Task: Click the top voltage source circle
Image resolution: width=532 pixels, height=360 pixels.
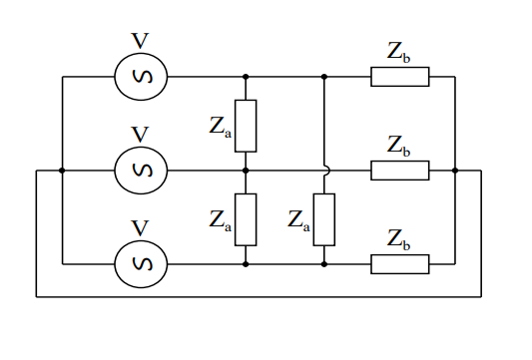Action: pyautogui.click(x=140, y=77)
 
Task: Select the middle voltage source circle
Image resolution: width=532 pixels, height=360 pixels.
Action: pyautogui.click(x=140, y=171)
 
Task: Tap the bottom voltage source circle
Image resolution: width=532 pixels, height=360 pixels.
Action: pyautogui.click(x=140, y=264)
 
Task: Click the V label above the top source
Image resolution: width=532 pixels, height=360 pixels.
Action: pyautogui.click(x=140, y=41)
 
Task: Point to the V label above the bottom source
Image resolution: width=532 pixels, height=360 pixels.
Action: pyautogui.click(x=140, y=228)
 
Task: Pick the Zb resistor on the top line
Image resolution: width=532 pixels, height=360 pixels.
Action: pyautogui.click(x=400, y=77)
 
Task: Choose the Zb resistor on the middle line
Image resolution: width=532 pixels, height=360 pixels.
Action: pyautogui.click(x=400, y=171)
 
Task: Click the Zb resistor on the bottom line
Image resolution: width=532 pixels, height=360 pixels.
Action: pyautogui.click(x=400, y=264)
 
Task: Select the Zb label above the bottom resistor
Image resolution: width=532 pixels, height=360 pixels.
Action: pyautogui.click(x=399, y=239)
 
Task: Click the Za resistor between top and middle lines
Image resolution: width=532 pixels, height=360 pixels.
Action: pyautogui.click(x=246, y=126)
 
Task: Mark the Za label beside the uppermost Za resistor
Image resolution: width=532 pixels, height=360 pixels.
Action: pyautogui.click(x=221, y=127)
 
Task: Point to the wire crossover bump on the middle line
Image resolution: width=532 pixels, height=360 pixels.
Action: pyautogui.click(x=324, y=170)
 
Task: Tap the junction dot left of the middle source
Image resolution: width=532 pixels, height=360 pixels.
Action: pyautogui.click(x=62, y=171)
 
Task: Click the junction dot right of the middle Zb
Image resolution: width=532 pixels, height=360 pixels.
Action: pyautogui.click(x=455, y=171)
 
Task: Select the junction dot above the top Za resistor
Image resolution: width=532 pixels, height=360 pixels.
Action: pyautogui.click(x=246, y=77)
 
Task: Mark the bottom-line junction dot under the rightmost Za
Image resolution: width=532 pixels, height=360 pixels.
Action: pyautogui.click(x=324, y=264)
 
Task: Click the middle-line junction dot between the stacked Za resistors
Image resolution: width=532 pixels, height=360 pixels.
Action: pyautogui.click(x=246, y=171)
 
